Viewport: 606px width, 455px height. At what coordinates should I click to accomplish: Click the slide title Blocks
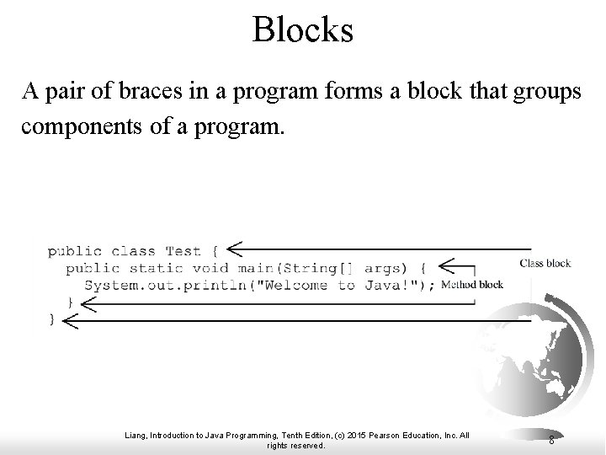point(302,31)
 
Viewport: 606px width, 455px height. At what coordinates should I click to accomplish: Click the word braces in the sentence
point(167,93)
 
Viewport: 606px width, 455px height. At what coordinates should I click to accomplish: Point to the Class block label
point(545,263)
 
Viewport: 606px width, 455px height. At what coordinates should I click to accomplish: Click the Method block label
point(472,284)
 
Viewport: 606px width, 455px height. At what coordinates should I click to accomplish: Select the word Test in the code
point(183,251)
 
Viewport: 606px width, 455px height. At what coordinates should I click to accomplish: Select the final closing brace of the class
point(52,318)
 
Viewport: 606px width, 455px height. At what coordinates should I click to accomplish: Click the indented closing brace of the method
point(70,302)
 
